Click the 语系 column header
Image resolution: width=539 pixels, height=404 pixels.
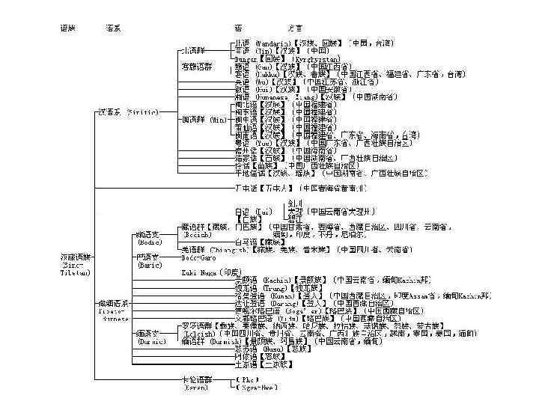(x=114, y=28)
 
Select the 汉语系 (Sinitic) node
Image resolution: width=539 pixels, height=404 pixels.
(x=128, y=112)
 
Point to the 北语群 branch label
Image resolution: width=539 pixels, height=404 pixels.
(x=192, y=51)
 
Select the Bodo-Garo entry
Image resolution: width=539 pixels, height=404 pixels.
(x=198, y=257)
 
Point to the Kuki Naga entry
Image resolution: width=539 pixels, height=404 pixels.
(x=200, y=273)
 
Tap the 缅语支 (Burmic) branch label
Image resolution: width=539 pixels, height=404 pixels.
(x=150, y=336)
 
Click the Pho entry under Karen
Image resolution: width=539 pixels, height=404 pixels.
(x=247, y=380)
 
